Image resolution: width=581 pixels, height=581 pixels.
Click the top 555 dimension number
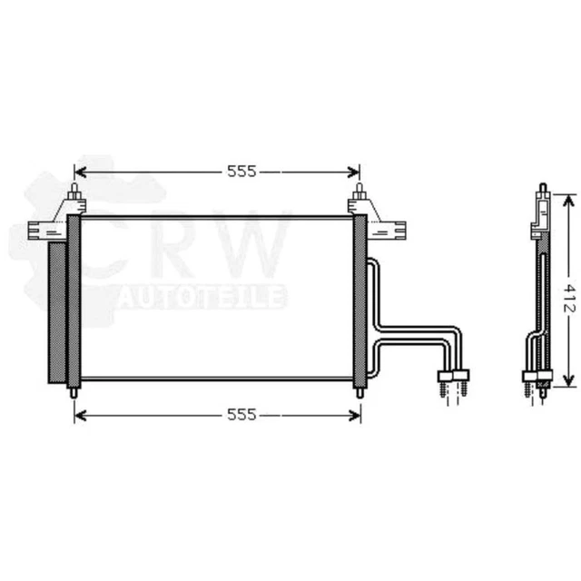point(241,172)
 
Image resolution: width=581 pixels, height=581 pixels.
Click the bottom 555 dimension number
point(241,415)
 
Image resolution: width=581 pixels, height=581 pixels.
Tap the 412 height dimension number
point(569,299)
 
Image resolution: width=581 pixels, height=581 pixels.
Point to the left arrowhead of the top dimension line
point(80,172)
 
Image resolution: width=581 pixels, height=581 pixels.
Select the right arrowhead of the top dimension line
point(354,172)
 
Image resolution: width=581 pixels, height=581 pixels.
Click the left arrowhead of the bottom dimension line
point(80,416)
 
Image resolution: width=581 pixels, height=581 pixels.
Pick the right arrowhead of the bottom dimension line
point(355,416)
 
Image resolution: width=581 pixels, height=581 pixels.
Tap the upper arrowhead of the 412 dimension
point(568,201)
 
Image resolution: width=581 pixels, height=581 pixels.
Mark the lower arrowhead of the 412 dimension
point(568,380)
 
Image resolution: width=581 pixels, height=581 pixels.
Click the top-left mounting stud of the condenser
point(74,192)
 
